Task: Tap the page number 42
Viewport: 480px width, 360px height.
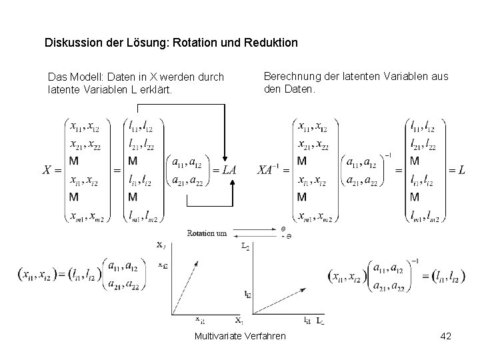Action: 445,336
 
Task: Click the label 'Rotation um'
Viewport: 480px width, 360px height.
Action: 207,233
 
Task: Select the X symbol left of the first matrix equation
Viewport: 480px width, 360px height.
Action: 48,170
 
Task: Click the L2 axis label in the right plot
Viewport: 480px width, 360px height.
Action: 245,247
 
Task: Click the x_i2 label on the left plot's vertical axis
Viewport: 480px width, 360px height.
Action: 163,265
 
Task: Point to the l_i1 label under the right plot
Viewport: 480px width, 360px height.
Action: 307,321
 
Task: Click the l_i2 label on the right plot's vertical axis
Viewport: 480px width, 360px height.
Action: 247,293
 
